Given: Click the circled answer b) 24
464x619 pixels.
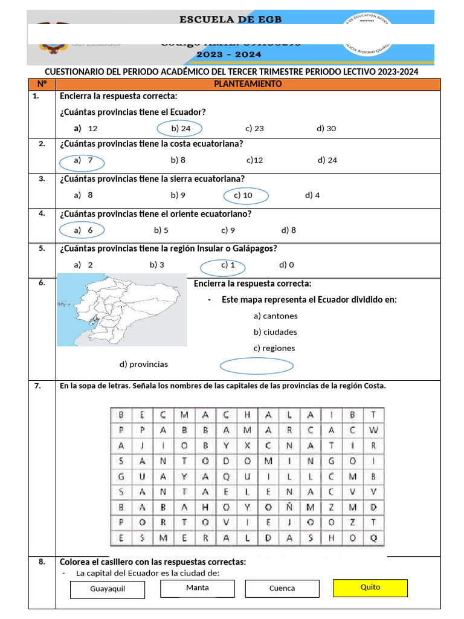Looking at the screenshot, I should point(179,129).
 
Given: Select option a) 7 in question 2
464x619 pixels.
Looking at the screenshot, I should point(82,161).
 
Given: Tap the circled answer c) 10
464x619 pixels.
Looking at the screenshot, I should point(245,195).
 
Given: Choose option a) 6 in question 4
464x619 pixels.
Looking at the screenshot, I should point(82,230).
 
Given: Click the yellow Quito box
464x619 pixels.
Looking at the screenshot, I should point(370,588).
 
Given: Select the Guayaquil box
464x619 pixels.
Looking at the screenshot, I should point(108,589).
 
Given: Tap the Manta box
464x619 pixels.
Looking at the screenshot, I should point(198,588).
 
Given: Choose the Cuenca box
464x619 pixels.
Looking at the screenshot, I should point(282,589).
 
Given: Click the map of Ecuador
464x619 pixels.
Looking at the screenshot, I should point(121,309).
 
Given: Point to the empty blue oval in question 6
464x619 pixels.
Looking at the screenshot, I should point(257,366).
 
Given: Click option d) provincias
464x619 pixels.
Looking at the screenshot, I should point(144,365).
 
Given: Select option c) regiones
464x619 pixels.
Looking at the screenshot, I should point(274,348).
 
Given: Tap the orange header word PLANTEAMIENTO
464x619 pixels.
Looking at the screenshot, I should point(248,85).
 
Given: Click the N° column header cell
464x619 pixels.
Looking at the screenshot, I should point(42,85).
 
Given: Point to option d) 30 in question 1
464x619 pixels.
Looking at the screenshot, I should point(326,129).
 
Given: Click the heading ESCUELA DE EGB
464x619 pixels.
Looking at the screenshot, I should point(231,20).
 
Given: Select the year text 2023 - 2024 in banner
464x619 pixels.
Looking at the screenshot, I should point(229,54).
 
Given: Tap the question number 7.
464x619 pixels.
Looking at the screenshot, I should point(37,386).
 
